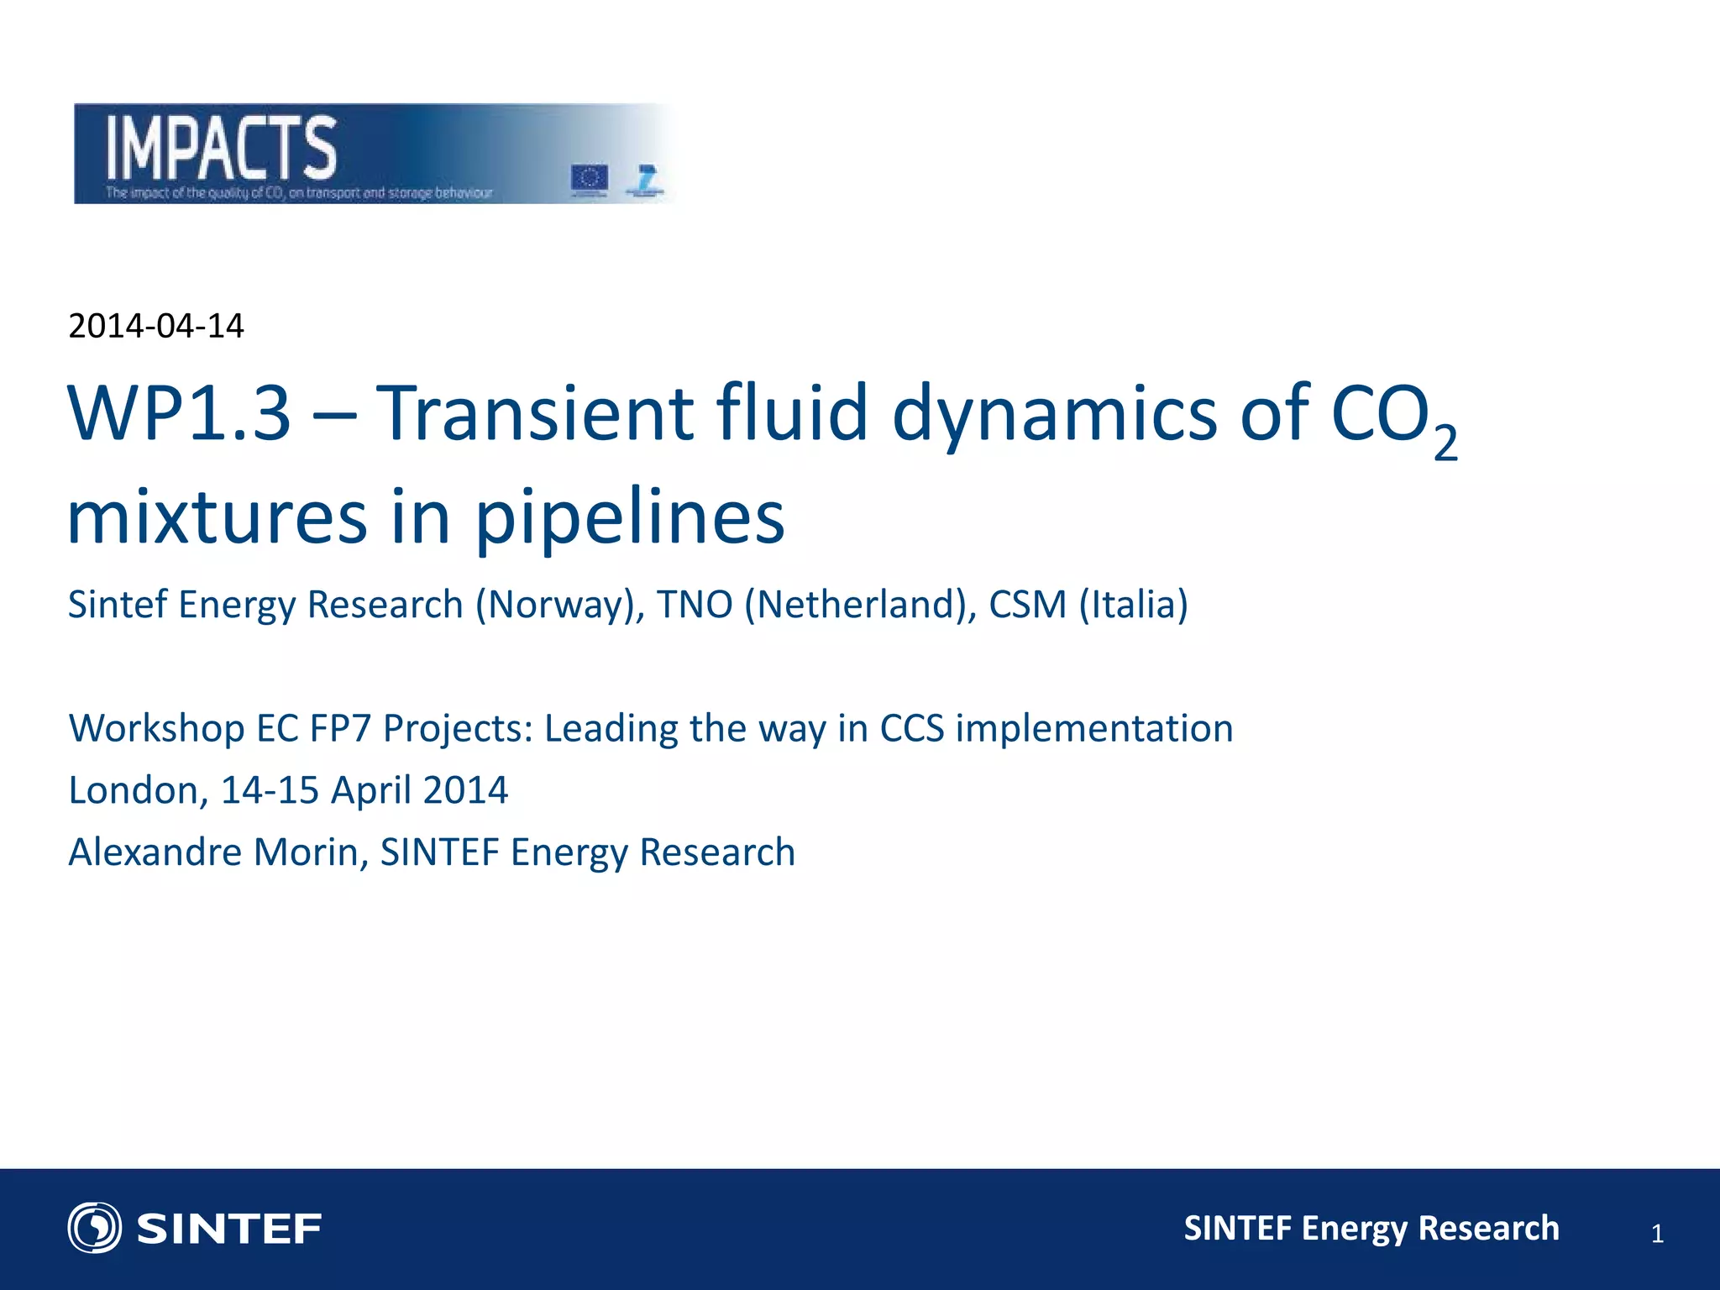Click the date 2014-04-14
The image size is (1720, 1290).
(155, 326)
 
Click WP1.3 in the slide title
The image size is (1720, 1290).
(179, 413)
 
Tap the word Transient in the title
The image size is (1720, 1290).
(534, 413)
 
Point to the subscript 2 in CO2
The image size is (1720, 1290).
(1445, 443)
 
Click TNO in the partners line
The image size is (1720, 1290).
(695, 605)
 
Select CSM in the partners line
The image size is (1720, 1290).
(1027, 605)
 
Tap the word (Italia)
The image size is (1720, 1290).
(1134, 605)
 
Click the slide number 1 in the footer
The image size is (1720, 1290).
(1657, 1234)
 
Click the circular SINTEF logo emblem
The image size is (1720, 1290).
(94, 1228)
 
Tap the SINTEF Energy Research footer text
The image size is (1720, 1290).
(1371, 1228)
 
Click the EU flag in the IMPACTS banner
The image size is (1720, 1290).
(589, 178)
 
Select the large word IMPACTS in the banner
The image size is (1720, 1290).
(221, 149)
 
